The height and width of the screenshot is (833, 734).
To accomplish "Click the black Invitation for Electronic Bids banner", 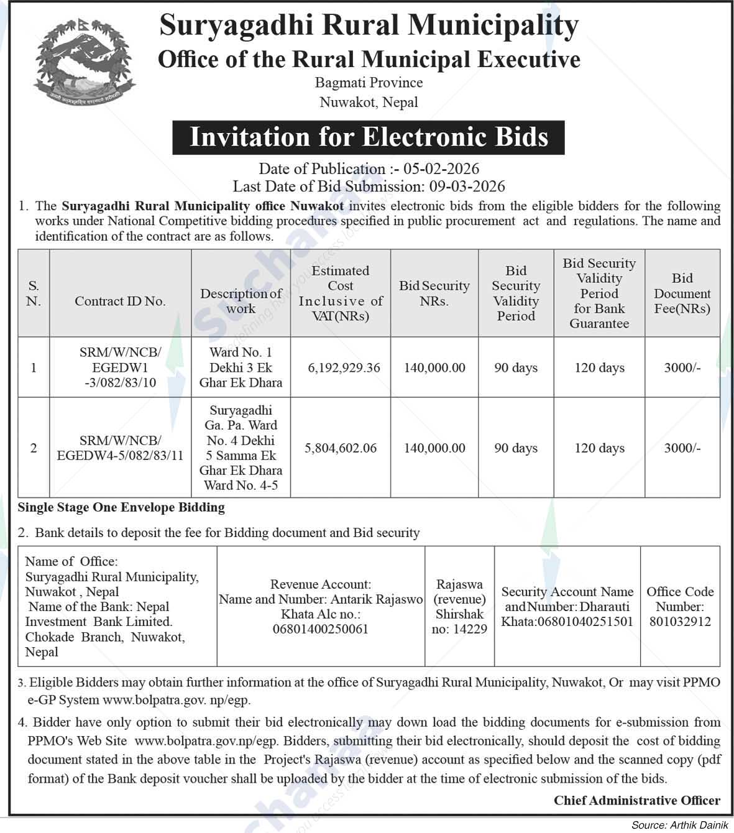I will (369, 137).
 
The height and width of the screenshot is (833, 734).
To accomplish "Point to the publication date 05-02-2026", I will (441, 169).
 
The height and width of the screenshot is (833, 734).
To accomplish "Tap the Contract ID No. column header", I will (120, 301).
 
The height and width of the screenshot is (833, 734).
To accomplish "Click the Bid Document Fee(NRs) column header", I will (682, 293).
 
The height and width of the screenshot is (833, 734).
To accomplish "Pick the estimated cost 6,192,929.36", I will (344, 367).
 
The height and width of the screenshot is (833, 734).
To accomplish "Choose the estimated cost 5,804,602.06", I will (341, 448).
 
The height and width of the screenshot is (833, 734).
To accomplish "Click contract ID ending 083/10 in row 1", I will (120, 382).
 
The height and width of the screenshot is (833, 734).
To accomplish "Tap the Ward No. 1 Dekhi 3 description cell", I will (241, 367).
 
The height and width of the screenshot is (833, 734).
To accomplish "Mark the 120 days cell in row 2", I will (599, 448).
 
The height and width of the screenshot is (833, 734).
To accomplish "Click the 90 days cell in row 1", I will (515, 367).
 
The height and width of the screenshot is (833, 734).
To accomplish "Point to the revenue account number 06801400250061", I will (321, 628).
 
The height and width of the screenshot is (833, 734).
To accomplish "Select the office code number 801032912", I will (680, 621).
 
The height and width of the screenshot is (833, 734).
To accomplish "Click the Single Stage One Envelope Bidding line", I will (121, 507).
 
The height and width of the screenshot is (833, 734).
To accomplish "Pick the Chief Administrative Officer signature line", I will (637, 800).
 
